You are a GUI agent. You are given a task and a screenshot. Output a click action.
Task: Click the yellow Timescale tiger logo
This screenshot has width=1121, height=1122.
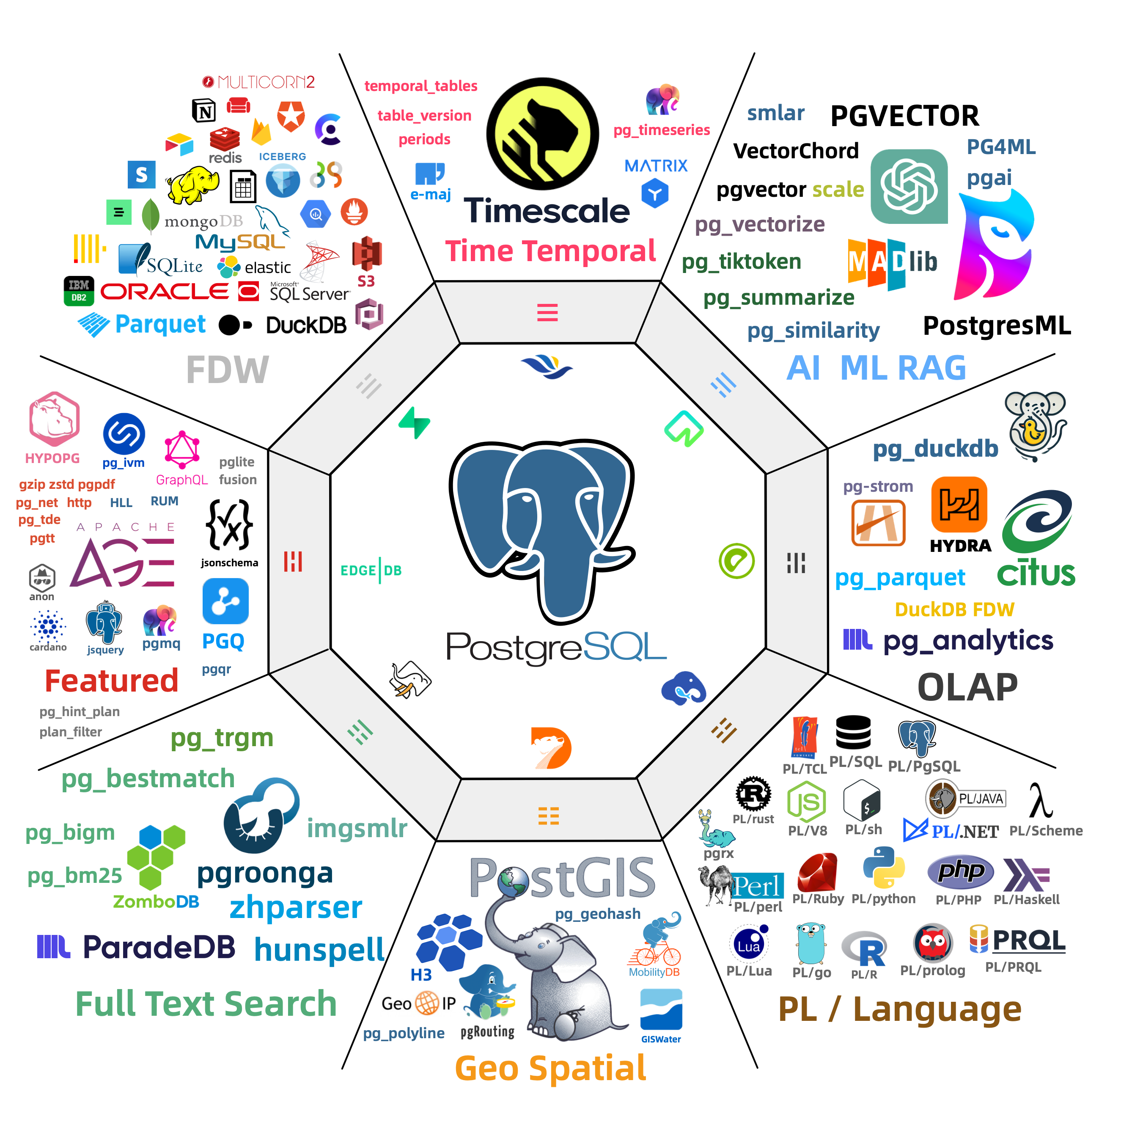[542, 134]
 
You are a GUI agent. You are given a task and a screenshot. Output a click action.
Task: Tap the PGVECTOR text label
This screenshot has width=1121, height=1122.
[904, 116]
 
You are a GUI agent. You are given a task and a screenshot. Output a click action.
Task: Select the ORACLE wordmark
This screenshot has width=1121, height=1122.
[165, 292]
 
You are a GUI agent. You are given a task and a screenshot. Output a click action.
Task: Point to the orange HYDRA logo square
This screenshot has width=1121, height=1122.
[959, 504]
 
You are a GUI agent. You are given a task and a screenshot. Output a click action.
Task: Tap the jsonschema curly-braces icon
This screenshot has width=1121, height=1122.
[229, 524]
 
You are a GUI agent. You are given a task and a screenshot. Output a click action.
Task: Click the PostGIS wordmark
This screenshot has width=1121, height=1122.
[562, 879]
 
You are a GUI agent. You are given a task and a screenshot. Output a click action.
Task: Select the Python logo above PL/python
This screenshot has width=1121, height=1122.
[884, 868]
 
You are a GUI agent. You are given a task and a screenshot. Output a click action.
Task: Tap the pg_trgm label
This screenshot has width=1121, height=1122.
[222, 738]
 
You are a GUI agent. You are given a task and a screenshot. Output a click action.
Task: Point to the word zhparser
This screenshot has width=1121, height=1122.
[296, 907]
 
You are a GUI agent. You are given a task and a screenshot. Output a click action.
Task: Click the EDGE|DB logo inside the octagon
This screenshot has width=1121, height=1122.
[371, 570]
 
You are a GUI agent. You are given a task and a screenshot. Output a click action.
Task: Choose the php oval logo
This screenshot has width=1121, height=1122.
[960, 871]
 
